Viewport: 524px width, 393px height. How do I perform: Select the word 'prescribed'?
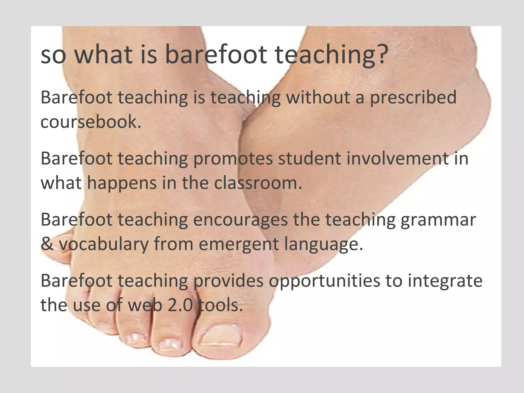[x=413, y=98]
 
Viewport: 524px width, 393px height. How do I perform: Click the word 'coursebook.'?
[x=91, y=122]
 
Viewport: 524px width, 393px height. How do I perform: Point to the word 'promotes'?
[x=233, y=159]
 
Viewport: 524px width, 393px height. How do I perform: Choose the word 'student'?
[x=309, y=158]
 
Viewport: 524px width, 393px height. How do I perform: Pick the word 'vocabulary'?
[x=104, y=244]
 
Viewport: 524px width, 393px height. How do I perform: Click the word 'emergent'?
[x=239, y=244]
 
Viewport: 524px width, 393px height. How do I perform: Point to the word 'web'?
[x=145, y=305]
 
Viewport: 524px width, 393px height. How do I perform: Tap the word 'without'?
[x=318, y=97]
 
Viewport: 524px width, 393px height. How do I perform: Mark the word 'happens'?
[x=122, y=183]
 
